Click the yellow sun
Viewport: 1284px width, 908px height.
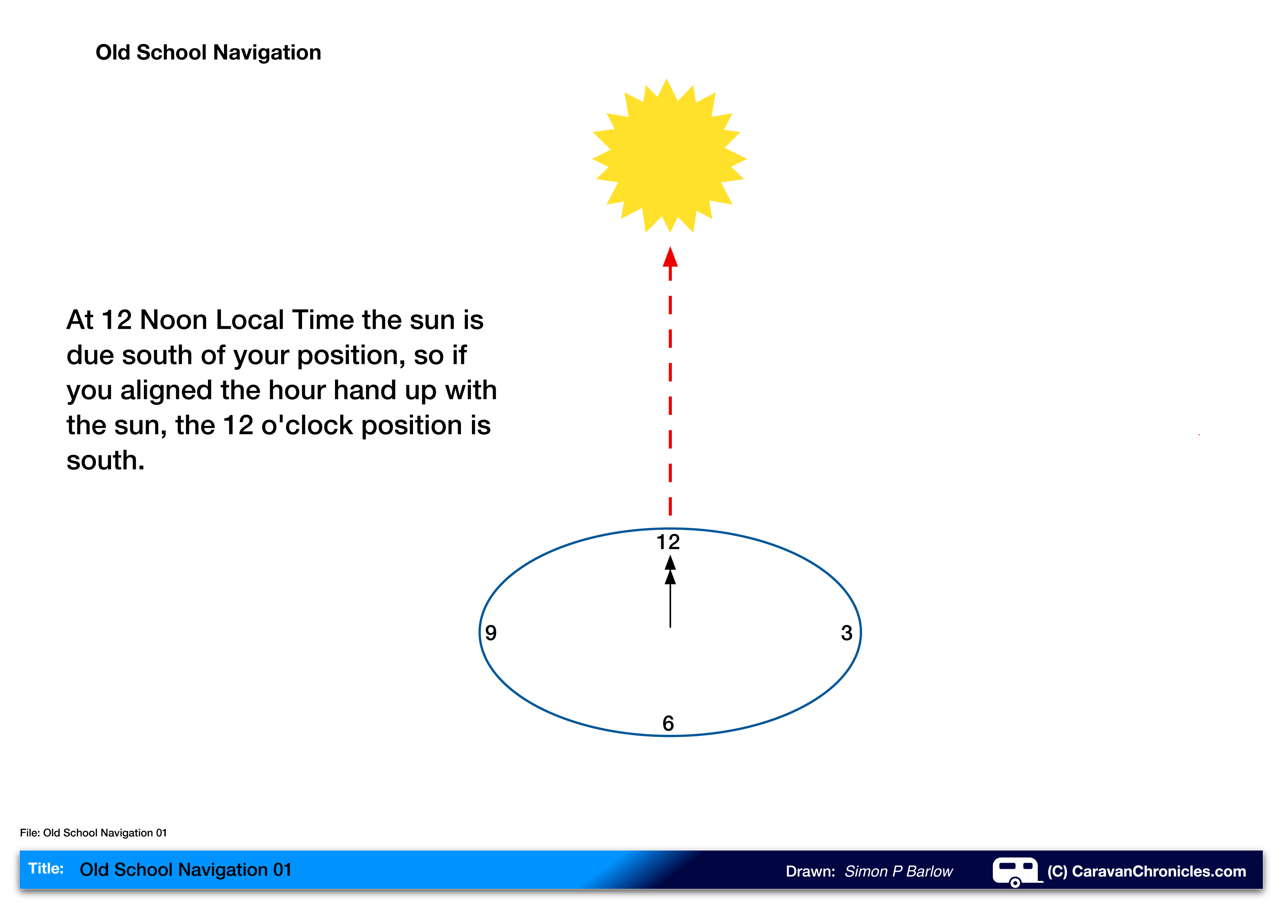point(669,156)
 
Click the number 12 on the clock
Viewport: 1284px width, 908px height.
point(668,542)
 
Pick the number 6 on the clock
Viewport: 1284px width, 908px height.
point(668,723)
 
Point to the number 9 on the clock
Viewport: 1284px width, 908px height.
point(491,633)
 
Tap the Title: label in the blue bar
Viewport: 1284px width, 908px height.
point(46,868)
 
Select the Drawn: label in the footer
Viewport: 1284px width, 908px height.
point(810,871)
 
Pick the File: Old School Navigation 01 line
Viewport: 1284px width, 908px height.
point(93,833)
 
